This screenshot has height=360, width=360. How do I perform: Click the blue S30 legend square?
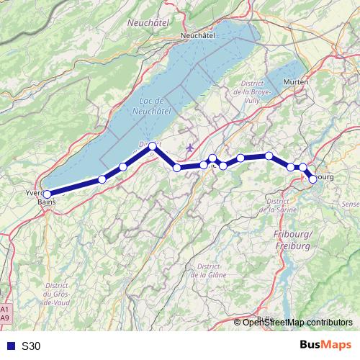tap(8, 346)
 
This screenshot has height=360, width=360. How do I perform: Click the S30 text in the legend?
tap(30, 346)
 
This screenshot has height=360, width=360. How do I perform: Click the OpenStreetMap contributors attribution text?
tap(298, 322)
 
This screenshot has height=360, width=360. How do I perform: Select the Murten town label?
tap(296, 82)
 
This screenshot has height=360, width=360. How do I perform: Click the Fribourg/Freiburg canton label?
tap(293, 240)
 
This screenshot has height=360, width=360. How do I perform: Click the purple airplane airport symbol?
tap(189, 148)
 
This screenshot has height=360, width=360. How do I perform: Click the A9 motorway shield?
tap(5, 317)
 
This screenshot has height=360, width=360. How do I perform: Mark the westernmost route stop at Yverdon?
tap(47, 194)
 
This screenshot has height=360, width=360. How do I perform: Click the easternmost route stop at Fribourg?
tap(312, 179)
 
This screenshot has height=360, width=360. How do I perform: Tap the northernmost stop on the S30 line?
tap(153, 146)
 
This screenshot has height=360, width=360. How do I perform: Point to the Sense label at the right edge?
tap(351, 205)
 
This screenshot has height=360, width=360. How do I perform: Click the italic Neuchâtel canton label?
tap(147, 22)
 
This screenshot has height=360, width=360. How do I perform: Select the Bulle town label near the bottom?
tap(265, 318)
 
